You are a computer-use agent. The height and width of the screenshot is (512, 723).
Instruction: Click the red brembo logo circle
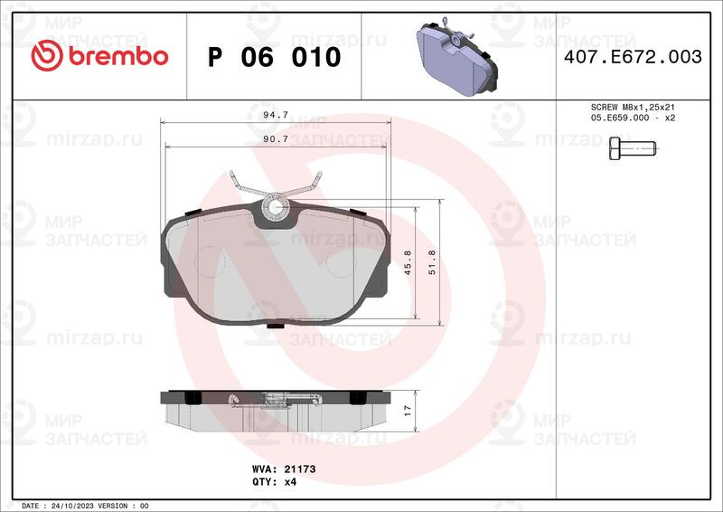pyautogui.click(x=47, y=55)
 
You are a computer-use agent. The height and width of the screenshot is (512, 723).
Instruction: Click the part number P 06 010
pyautogui.click(x=275, y=57)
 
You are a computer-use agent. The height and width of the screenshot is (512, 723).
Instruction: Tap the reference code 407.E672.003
pyautogui.click(x=633, y=57)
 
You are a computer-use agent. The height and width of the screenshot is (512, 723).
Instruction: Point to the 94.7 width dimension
pyautogui.click(x=276, y=115)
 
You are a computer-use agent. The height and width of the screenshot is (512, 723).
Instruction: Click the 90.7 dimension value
pyautogui.click(x=276, y=139)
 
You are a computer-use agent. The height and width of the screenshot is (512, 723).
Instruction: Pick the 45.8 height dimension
pyautogui.click(x=408, y=262)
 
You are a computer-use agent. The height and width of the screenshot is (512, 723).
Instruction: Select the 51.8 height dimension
pyautogui.click(x=432, y=262)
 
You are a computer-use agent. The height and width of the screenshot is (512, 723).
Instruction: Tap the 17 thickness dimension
pyautogui.click(x=408, y=411)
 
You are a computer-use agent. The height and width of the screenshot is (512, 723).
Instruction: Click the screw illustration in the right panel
pyautogui.click(x=633, y=148)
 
